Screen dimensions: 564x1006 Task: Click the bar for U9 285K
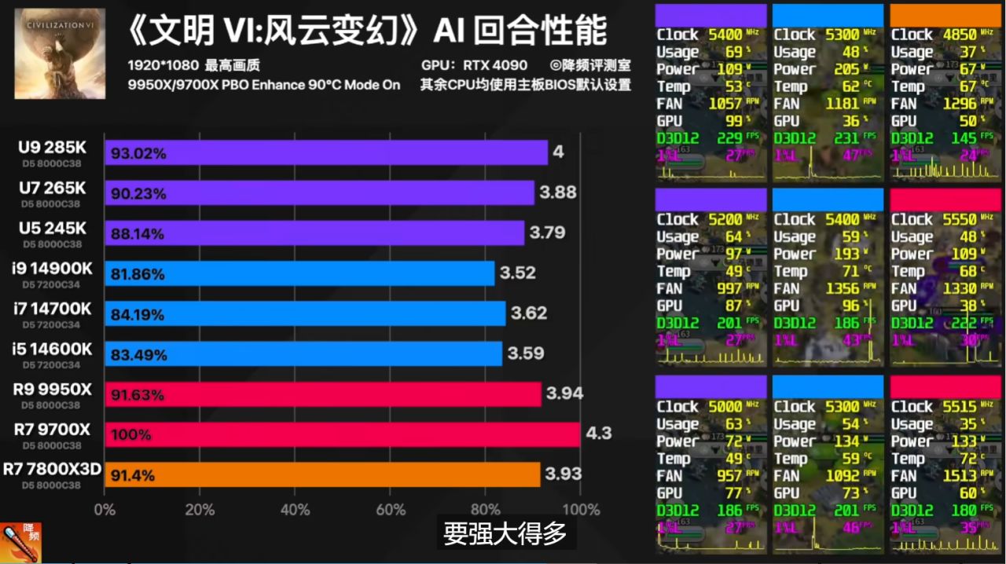(325, 152)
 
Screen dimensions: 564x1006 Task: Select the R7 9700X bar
(342, 434)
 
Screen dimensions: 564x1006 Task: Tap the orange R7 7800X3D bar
(322, 474)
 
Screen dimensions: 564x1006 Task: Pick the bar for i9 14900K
(299, 273)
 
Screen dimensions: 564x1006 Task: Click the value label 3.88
(558, 192)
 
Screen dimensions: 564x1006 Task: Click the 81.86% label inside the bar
(138, 274)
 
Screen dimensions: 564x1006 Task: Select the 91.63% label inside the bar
(138, 394)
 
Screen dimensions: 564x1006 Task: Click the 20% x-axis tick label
(200, 509)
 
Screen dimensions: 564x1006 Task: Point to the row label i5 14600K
(53, 349)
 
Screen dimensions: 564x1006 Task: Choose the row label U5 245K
(53, 228)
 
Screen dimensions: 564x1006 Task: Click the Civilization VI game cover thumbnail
(60, 53)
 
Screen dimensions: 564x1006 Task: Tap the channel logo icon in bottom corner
(21, 543)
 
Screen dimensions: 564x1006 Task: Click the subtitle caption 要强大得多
(505, 534)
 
